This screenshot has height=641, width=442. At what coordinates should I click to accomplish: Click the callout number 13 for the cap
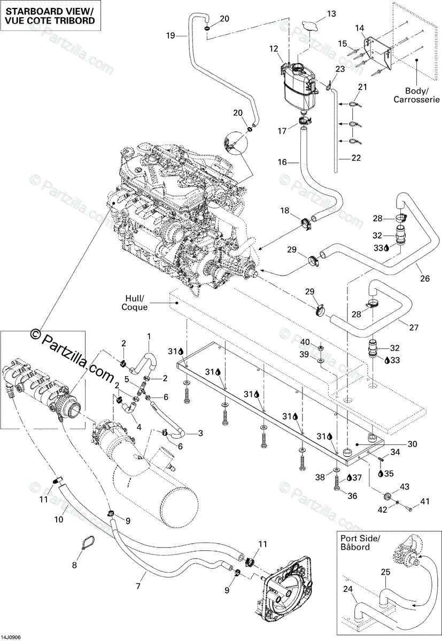(x=331, y=14)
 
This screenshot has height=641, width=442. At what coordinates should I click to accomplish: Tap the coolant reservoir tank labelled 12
(x=299, y=85)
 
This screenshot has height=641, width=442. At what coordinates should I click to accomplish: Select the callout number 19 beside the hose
(x=170, y=36)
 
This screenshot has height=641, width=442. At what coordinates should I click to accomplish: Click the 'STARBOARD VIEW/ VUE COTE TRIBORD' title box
(x=50, y=16)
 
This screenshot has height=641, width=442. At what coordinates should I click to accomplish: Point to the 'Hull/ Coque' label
(x=134, y=303)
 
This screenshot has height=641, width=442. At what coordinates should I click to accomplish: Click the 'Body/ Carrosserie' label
(x=416, y=95)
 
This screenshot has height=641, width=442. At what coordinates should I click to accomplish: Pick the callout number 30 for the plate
(x=413, y=444)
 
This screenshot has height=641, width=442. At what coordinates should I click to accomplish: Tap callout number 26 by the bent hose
(x=425, y=278)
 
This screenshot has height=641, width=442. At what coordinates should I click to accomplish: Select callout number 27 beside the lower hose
(x=414, y=327)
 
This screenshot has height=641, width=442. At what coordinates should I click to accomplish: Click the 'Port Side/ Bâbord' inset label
(x=360, y=542)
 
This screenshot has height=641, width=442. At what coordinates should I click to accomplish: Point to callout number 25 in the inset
(x=385, y=572)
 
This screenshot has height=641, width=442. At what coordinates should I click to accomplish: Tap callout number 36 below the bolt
(x=352, y=496)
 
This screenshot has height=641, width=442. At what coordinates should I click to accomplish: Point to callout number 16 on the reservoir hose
(x=282, y=162)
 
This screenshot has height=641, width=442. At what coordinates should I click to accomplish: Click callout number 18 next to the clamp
(x=284, y=210)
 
